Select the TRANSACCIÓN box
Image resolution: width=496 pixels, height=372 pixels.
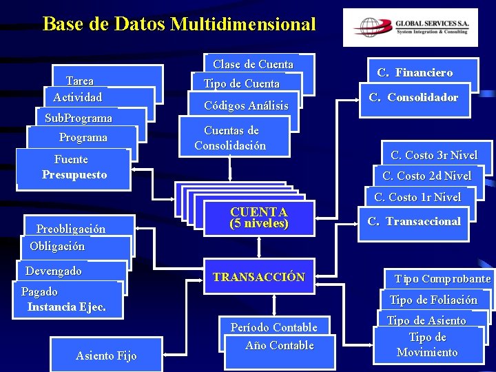[x=259, y=278]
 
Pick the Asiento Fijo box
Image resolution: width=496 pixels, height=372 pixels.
[x=106, y=355]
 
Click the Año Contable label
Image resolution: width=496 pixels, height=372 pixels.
[x=280, y=345]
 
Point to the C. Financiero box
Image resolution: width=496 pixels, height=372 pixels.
[x=415, y=72]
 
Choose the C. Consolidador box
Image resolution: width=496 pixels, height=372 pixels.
[x=413, y=97]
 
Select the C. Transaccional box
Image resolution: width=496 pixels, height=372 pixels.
[x=414, y=221]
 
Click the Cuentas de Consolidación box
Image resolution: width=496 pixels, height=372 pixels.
[x=230, y=138]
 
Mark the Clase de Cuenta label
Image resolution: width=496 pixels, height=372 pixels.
[x=253, y=64]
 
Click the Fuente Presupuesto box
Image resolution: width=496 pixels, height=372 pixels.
[x=74, y=167]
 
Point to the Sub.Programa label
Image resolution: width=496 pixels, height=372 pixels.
[x=78, y=118]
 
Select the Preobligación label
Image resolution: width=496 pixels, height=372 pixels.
[x=71, y=229]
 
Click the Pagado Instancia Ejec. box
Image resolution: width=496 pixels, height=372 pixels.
[x=66, y=300]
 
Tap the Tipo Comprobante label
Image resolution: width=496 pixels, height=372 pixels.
[x=442, y=279]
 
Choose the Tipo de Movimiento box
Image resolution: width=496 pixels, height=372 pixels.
[x=428, y=345]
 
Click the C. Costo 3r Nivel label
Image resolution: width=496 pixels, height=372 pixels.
[x=434, y=155]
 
